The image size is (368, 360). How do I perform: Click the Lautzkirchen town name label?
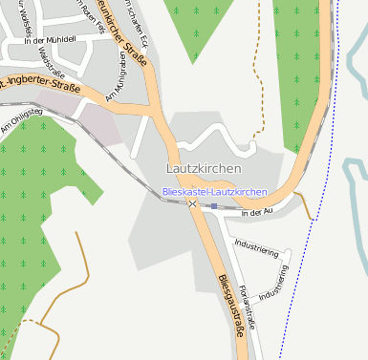tap(204, 169)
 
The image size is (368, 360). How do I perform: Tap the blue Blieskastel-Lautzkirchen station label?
tap(215, 192)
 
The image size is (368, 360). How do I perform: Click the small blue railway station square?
tap(215, 205)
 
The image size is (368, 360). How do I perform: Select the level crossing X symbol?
tap(193, 204)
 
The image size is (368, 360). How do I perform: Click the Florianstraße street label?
tap(248, 306)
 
